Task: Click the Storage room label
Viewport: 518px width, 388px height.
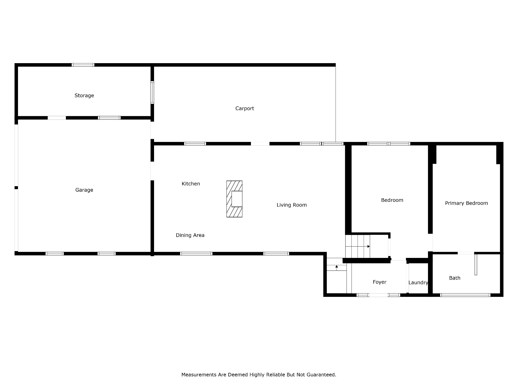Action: tap(84, 95)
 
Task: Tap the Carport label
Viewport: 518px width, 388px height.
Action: tap(245, 109)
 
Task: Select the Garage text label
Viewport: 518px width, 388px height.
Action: tap(84, 190)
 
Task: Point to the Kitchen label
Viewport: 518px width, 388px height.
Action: tap(191, 184)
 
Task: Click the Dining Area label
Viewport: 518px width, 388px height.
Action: tap(190, 235)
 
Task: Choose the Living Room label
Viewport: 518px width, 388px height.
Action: tap(292, 205)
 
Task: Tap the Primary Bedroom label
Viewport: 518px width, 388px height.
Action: tap(466, 203)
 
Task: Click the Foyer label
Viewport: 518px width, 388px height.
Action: tap(379, 282)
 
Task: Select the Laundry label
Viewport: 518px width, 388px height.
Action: tap(418, 283)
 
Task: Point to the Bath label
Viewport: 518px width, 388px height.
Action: tap(455, 278)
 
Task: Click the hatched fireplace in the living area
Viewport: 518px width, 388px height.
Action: tap(234, 199)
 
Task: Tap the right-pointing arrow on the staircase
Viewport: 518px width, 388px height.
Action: tap(358, 246)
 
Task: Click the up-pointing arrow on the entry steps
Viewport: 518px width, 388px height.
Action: tap(337, 268)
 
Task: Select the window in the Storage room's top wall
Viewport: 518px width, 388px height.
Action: tap(83, 65)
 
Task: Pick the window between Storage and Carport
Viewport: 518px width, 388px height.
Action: tap(152, 92)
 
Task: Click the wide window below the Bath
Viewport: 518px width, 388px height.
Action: tap(465, 295)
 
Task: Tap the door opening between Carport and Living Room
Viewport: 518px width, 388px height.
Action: tap(260, 144)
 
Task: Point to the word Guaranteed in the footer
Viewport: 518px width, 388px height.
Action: tap(321, 375)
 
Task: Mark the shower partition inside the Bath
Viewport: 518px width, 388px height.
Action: tap(476, 264)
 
